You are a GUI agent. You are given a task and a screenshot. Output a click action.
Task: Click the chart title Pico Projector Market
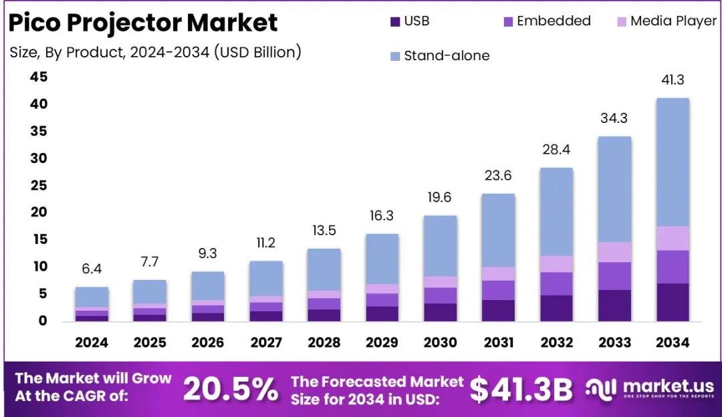143,23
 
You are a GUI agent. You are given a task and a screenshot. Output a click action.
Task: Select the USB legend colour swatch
394,21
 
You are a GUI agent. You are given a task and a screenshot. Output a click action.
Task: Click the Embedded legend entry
554,21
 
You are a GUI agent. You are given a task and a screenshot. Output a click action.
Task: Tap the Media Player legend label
673,21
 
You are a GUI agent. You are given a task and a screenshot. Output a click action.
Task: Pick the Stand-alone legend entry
447,56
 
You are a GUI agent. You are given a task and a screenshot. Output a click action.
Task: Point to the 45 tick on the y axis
38,78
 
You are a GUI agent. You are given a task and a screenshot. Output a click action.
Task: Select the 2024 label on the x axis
92,343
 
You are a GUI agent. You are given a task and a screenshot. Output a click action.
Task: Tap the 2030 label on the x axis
440,343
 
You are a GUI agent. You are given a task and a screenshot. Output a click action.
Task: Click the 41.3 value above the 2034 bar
673,80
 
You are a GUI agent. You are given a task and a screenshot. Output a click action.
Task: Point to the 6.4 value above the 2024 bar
92,269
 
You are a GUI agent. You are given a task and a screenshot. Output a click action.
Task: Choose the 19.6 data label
440,198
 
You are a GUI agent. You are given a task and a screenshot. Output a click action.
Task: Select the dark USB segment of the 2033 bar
614,305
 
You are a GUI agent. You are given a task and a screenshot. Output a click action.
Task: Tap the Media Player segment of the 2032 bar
556,264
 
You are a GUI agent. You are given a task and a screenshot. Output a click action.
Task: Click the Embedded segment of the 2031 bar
498,290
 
